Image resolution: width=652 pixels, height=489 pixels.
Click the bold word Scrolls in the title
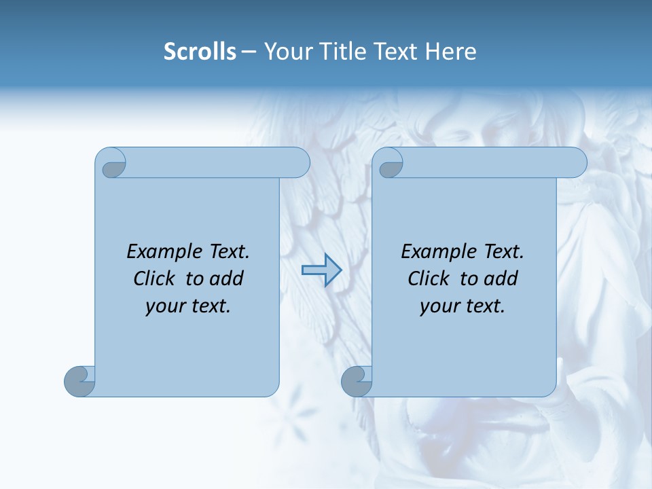tap(200, 52)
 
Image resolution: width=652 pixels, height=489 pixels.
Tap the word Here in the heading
tap(450, 52)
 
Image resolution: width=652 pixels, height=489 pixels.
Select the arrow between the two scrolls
tap(321, 270)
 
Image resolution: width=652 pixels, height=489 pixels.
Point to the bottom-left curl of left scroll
tap(79, 380)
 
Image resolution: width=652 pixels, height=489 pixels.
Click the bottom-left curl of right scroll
tap(357, 380)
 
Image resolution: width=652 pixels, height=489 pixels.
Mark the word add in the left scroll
tap(228, 278)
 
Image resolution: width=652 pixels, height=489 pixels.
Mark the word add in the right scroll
tap(502, 278)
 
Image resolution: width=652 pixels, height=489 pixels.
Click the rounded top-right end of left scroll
tap(299, 162)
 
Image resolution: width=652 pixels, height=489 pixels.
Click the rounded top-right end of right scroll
tap(576, 162)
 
